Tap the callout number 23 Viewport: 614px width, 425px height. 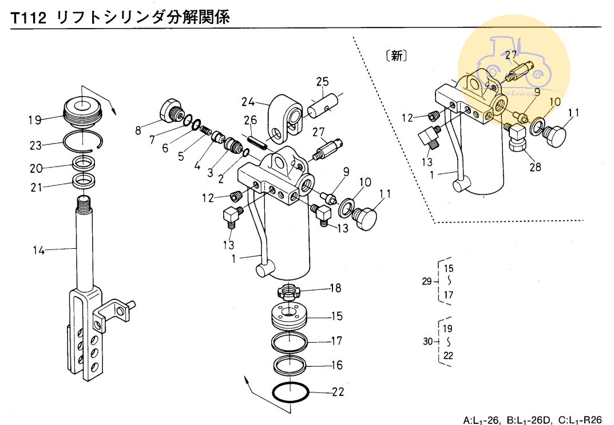[35, 145]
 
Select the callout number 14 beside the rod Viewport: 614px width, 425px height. [38, 249]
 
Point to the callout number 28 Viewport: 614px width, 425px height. [534, 167]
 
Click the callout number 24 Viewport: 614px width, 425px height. [247, 102]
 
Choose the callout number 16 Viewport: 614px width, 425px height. [336, 365]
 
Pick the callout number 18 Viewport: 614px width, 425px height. [335, 288]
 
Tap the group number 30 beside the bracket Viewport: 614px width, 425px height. [429, 342]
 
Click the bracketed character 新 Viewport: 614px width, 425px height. [397, 56]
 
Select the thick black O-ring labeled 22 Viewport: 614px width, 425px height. [291, 392]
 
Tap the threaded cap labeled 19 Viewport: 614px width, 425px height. [82, 109]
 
